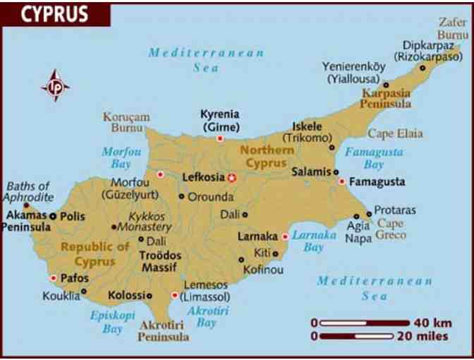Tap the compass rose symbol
click(56, 86)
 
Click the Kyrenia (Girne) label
click(219, 121)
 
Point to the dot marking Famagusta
click(341, 181)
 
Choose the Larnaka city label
click(257, 236)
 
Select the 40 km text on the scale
click(432, 323)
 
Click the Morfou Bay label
click(121, 157)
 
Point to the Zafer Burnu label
click(453, 28)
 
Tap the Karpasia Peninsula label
click(386, 98)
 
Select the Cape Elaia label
click(395, 133)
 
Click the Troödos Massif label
click(160, 262)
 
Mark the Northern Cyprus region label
click(267, 156)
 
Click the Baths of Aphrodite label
click(29, 191)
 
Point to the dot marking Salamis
click(336, 172)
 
